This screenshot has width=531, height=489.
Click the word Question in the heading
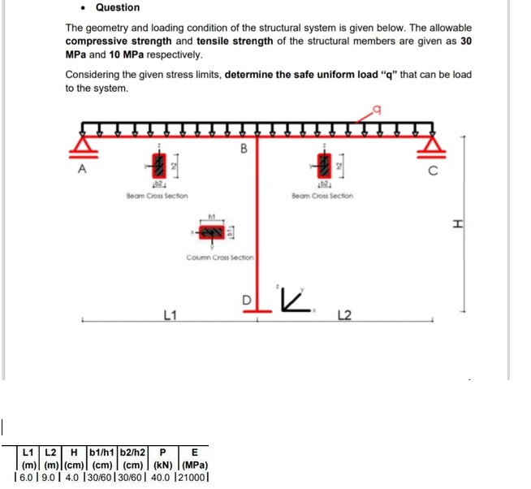(118, 8)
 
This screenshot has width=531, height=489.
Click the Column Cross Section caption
(220, 257)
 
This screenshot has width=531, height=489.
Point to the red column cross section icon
(214, 232)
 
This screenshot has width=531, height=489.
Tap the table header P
(163, 452)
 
